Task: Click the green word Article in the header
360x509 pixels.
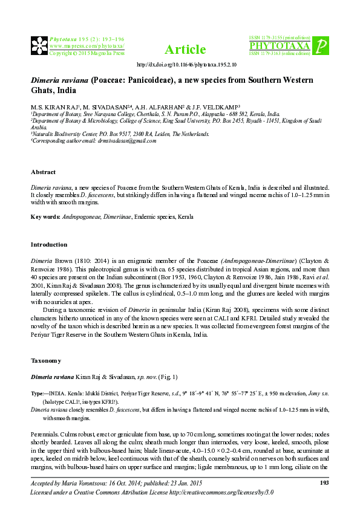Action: (185, 50)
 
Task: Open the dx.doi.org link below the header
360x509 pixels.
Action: (186, 64)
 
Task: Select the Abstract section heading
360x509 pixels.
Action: (44, 172)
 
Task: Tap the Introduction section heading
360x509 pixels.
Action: (49, 245)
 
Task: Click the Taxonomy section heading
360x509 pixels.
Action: (46, 360)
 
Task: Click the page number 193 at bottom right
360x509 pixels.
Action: (324, 482)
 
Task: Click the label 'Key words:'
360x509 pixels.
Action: (45, 216)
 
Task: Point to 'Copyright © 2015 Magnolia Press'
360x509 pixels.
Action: (87, 53)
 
